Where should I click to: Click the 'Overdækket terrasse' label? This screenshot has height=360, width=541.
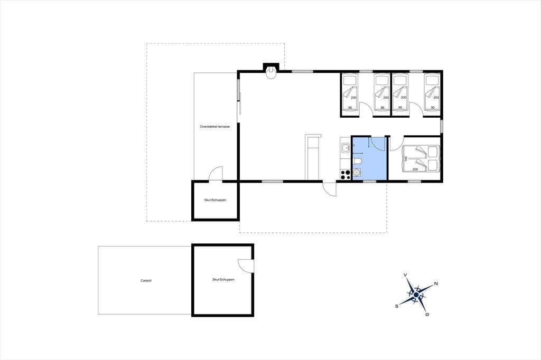[214, 127]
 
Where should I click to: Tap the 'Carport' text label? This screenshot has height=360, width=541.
[146, 281]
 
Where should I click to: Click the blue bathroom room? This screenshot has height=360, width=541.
[369, 158]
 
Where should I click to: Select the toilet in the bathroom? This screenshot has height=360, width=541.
[358, 162]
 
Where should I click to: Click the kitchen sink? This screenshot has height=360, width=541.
[345, 148]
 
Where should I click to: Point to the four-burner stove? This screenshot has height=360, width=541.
[345, 175]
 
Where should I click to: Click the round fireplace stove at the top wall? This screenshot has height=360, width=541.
[272, 73]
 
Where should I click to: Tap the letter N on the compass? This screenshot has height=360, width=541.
[436, 284]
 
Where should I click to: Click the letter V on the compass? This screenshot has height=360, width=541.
[405, 275]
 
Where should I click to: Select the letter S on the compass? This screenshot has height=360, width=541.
[397, 306]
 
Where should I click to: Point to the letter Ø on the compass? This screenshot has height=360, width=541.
[427, 315]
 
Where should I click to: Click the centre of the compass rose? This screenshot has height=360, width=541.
[416, 295]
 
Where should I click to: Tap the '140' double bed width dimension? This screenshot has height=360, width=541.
[406, 159]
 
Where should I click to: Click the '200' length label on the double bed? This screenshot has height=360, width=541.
[415, 169]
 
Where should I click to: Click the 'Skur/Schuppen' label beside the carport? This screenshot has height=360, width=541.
[223, 279]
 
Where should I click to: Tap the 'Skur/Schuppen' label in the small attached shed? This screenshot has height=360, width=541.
[215, 200]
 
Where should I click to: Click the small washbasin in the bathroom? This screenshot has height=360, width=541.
[357, 173]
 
